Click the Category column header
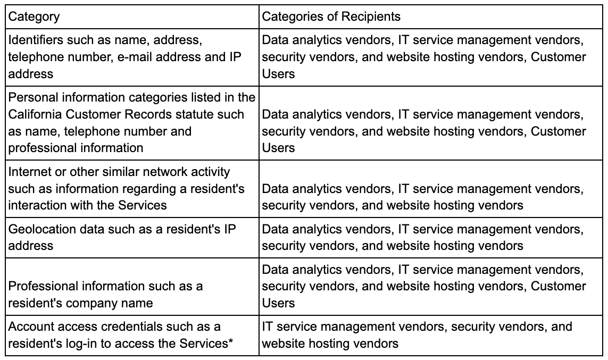coord(34,16)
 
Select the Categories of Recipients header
coord(331,16)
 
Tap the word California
coord(35,114)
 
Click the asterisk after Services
coord(231,341)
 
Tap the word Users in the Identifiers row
coord(278,74)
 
